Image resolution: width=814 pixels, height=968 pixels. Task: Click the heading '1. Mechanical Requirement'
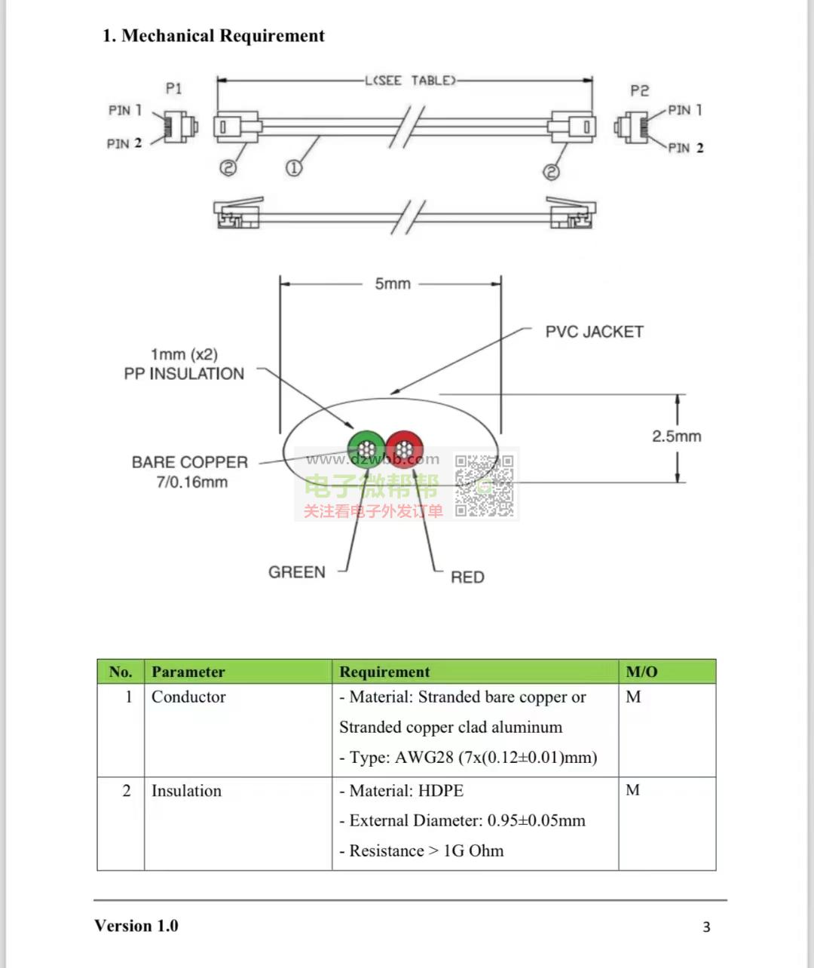(x=213, y=35)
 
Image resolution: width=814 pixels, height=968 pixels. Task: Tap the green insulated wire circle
(x=367, y=449)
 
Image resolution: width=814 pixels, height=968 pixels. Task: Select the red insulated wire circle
(x=405, y=449)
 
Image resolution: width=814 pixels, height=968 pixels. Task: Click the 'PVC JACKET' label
(x=594, y=332)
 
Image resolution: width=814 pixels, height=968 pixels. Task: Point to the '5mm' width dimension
(x=393, y=284)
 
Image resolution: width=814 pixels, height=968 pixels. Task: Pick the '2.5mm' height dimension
(x=676, y=436)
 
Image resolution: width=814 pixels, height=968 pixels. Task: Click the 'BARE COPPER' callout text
(x=190, y=462)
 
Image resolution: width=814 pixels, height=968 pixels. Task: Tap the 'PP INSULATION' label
(x=185, y=374)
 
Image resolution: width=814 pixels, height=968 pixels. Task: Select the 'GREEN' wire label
(x=297, y=572)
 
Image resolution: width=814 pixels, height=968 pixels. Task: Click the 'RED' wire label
(x=467, y=577)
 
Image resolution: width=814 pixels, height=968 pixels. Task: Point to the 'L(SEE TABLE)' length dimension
(x=410, y=81)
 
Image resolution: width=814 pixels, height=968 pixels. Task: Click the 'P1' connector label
(x=173, y=88)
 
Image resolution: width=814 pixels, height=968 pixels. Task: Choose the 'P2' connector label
(x=639, y=90)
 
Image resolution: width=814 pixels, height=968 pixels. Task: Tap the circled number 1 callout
(x=293, y=168)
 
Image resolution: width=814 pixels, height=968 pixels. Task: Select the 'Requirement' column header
(x=384, y=672)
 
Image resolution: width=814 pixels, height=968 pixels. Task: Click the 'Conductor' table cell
(x=188, y=697)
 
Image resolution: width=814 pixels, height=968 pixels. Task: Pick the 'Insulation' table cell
(x=186, y=791)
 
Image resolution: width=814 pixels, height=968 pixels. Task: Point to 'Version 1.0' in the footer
(x=136, y=926)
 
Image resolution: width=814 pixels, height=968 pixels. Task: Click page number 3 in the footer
(x=706, y=927)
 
